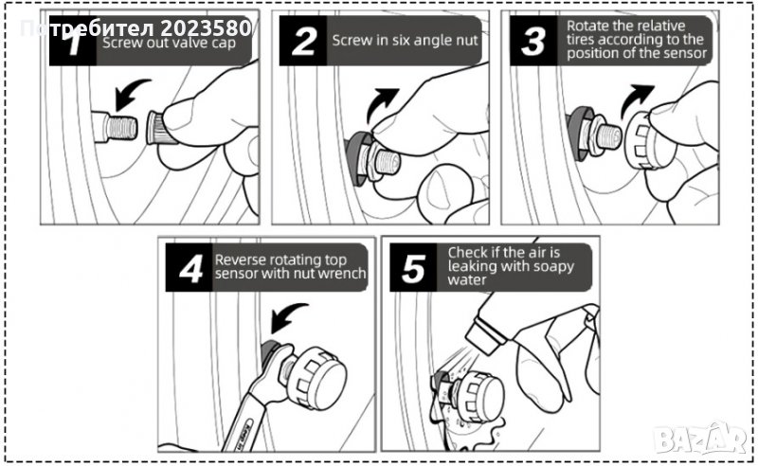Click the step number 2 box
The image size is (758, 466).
[x=303, y=41]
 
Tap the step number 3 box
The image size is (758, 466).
[x=533, y=41]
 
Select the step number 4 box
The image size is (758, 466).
[x=189, y=267]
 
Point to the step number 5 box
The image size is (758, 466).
[x=413, y=267]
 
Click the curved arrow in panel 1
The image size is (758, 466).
[x=130, y=93]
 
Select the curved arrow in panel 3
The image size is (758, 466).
[x=635, y=99]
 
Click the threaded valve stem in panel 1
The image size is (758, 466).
[x=115, y=128]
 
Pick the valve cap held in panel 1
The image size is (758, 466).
[x=159, y=128]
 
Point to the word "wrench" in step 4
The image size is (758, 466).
[x=343, y=274]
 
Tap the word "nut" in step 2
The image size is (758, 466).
[x=465, y=42]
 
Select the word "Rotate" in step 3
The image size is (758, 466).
[x=586, y=26]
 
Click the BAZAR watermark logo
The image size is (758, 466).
[x=700, y=439]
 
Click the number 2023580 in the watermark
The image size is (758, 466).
[x=205, y=28]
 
